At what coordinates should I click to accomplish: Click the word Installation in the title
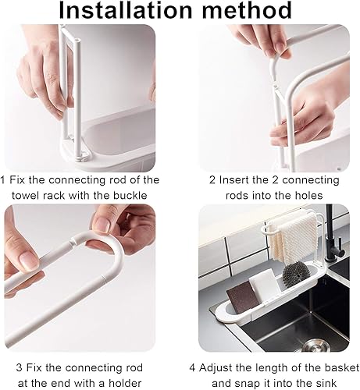tap(126, 10)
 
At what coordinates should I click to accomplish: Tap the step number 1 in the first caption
tap(2, 180)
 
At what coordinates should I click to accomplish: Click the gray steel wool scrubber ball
tap(297, 274)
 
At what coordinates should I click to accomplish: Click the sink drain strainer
tap(315, 346)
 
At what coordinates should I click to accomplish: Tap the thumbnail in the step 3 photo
tap(28, 257)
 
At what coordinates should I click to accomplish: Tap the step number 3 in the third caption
tap(19, 367)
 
